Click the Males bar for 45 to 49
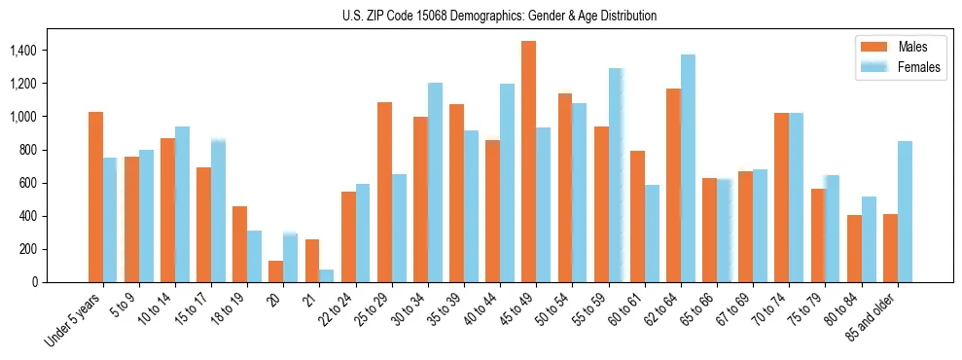528,162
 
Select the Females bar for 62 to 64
688,168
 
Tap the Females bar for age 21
326,275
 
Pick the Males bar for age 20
275,271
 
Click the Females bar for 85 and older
905,211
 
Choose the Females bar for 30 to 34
435,182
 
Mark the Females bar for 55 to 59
616,175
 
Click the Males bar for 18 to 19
239,244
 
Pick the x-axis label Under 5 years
75,319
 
